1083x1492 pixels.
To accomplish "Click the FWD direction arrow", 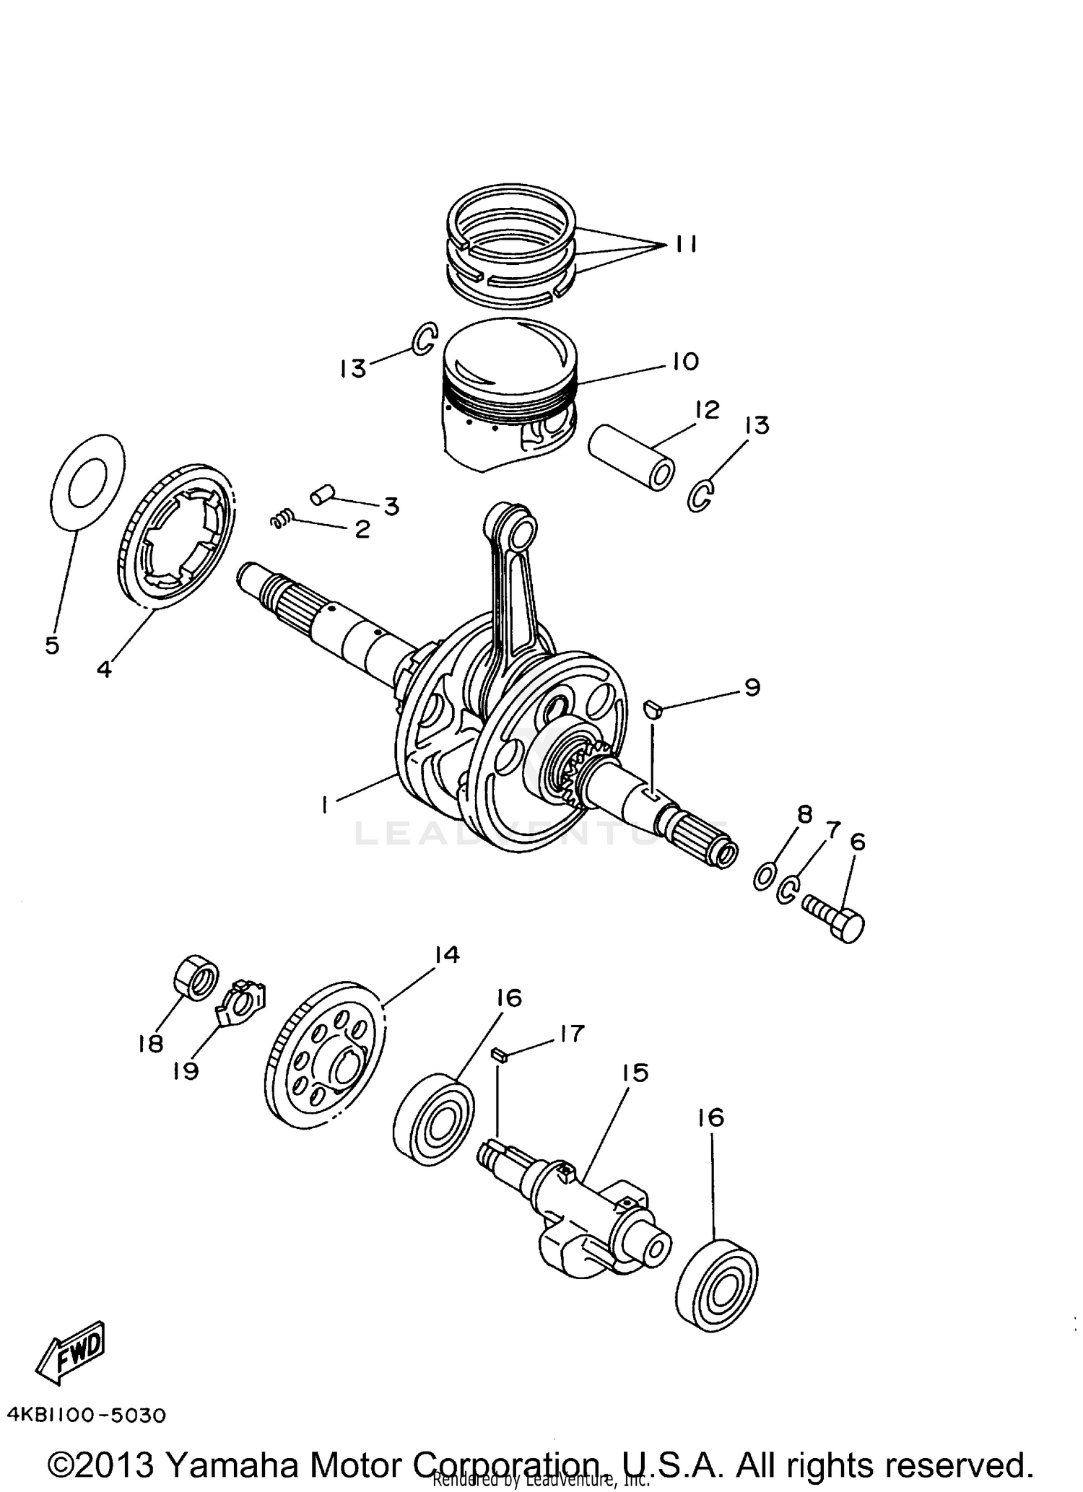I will (x=71, y=1351).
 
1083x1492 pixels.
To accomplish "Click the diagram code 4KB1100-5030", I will (x=87, y=1415).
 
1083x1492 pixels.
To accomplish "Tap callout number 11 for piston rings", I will (x=686, y=245).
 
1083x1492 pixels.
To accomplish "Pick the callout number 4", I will (x=105, y=669).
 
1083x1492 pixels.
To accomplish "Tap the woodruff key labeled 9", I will (x=653, y=710).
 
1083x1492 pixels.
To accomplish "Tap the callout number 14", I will (x=447, y=955).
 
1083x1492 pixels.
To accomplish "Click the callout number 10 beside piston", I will (x=685, y=361).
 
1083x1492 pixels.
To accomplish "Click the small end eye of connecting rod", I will (x=521, y=532).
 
